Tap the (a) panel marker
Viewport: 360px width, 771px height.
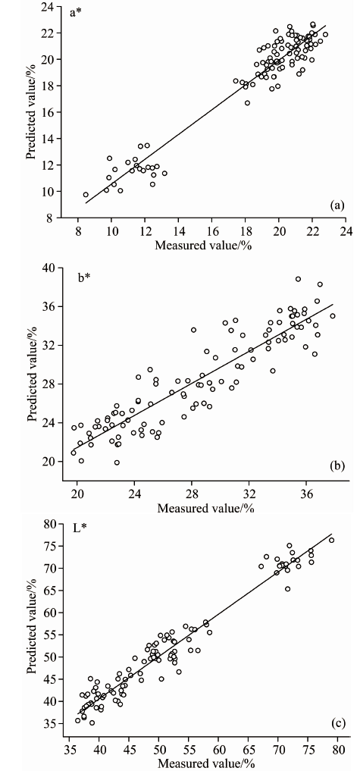coord(337,205)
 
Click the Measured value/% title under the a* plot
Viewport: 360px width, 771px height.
coord(203,246)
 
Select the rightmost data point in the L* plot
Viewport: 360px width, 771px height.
coord(331,540)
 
